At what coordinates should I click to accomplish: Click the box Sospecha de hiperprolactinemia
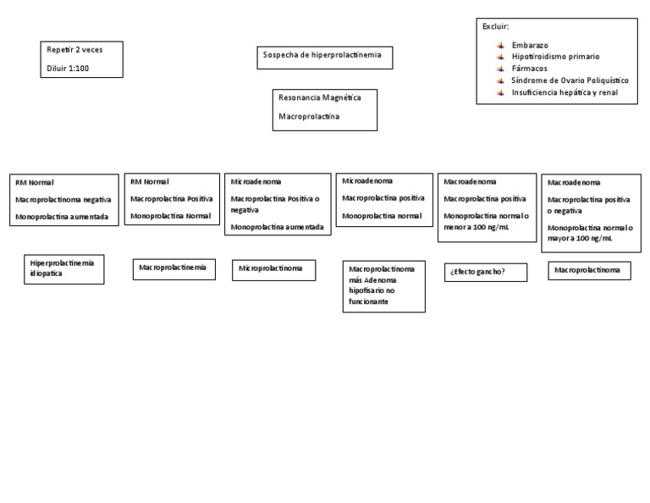coord(323,56)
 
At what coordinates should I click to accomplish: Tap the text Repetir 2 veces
coord(74,50)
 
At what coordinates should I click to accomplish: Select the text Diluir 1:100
coord(68,68)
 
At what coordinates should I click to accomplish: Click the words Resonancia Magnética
coord(319,98)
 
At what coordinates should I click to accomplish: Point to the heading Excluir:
coord(495,27)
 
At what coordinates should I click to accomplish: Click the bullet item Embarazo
coord(530,44)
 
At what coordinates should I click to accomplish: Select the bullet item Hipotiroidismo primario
coord(555,56)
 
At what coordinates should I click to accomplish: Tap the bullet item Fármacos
coord(529,68)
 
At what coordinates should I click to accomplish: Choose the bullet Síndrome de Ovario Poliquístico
coord(570,80)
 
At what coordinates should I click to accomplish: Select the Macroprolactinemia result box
coord(173,268)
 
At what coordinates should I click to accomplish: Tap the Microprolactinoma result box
coord(273,268)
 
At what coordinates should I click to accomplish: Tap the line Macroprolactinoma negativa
coord(63,200)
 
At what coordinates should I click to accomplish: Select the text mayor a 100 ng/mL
coord(580,240)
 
